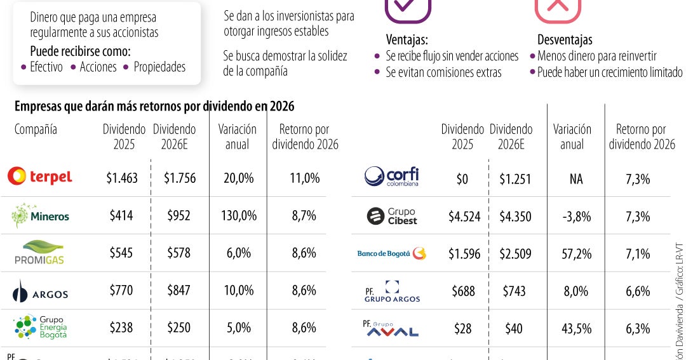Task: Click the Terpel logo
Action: pyautogui.click(x=39, y=177)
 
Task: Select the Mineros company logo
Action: pyautogui.click(x=40, y=216)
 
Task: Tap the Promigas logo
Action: pyautogui.click(x=39, y=253)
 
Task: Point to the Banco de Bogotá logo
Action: pyautogui.click(x=391, y=254)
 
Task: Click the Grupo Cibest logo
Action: pyautogui.click(x=393, y=217)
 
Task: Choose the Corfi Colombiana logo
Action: pyautogui.click(x=392, y=177)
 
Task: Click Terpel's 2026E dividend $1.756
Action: pyautogui.click(x=179, y=178)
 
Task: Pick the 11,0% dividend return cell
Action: pyautogui.click(x=305, y=178)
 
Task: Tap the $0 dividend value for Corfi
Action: pyautogui.click(x=462, y=180)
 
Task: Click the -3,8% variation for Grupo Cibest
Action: pyautogui.click(x=575, y=217)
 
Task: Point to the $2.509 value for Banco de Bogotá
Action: pyautogui.click(x=511, y=254)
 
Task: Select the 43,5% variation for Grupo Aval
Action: pyautogui.click(x=575, y=329)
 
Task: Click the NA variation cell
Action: pyautogui.click(x=575, y=180)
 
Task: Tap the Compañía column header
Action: pyautogui.click(x=36, y=130)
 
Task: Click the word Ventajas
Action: pyautogui.click(x=407, y=39)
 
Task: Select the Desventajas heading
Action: pyautogui.click(x=564, y=39)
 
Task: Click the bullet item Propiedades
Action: pyautogui.click(x=159, y=67)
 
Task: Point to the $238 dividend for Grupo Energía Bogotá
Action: pyautogui.click(x=121, y=328)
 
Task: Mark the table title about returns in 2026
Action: pyautogui.click(x=154, y=106)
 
